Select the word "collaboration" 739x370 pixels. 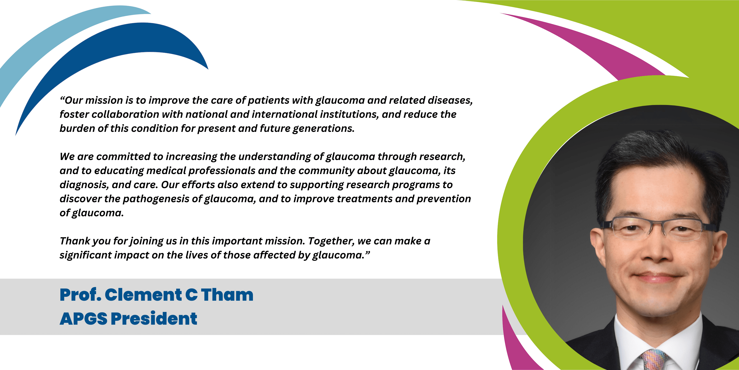[125, 114]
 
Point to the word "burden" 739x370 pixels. [77, 128]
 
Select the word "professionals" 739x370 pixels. [221, 171]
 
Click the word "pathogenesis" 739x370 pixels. [156, 199]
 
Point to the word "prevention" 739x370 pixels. [443, 199]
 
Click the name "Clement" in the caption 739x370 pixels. [143, 295]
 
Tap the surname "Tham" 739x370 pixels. [227, 295]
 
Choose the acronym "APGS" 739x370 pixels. [84, 319]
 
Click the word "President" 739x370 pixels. [154, 319]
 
